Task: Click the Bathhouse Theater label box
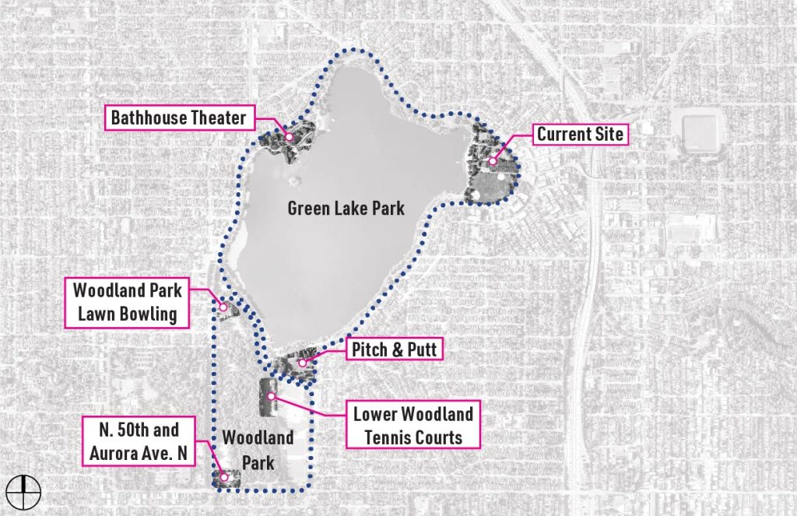point(178,118)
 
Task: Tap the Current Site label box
point(580,135)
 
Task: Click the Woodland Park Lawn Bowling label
point(127,303)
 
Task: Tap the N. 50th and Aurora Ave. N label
point(138,441)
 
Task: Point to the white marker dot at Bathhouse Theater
point(289,137)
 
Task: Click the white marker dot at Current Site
point(493,162)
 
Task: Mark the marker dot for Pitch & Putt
point(302,363)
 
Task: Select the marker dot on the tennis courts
point(272,396)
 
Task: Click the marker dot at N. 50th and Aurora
point(223,476)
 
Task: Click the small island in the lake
point(294,184)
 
